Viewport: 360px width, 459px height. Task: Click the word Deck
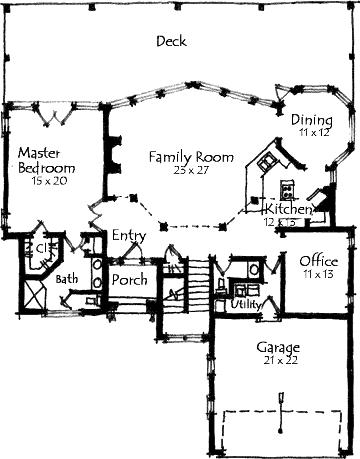pos(172,41)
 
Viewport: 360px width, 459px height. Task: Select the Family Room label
pos(191,157)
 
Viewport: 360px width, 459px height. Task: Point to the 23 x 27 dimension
pos(191,170)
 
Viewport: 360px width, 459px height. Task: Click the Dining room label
pos(311,120)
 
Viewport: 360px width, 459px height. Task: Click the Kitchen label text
pos(288,209)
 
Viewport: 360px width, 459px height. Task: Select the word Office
pos(318,261)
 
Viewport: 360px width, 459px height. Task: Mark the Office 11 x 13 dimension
pos(318,273)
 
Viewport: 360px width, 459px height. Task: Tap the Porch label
pos(129,280)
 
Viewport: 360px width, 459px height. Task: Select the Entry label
pos(129,236)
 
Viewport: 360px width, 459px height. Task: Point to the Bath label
pos(67,280)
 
